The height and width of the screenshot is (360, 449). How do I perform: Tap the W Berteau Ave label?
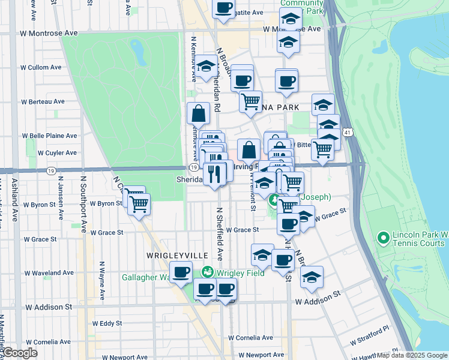pos(43,102)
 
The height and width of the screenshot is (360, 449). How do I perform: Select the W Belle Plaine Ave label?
pos(49,136)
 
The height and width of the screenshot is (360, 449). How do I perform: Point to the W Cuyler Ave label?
pos(57,153)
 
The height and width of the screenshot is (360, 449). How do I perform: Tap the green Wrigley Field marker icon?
pos(208,272)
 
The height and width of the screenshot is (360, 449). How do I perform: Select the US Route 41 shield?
pos(348,131)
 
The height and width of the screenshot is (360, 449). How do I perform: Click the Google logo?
pos(20,353)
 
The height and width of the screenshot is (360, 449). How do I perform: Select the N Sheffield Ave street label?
pos(220,233)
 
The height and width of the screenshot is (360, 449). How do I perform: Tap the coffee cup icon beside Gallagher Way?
pos(181,272)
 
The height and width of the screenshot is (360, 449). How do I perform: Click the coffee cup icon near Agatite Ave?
pos(224,8)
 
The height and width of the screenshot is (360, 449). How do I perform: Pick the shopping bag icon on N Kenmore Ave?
pos(198,113)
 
